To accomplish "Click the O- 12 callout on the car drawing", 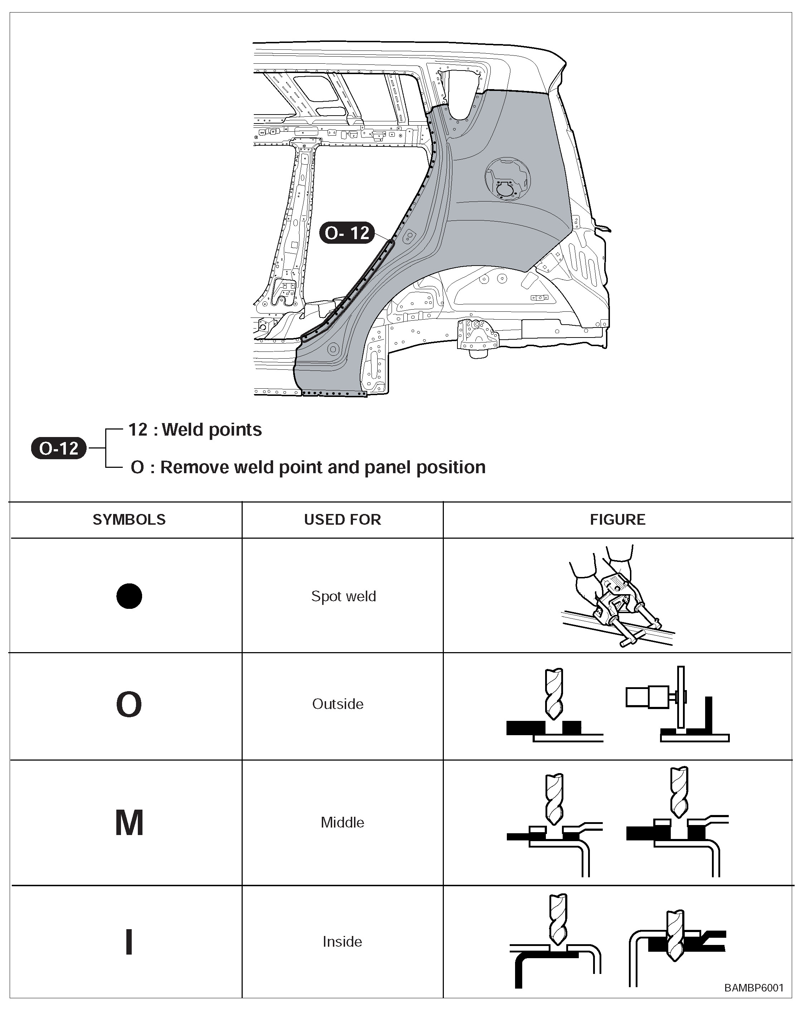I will pos(347,233).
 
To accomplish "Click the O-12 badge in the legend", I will pos(59,448).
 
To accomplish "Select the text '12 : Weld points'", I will pos(195,430).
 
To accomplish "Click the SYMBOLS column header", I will pos(129,519).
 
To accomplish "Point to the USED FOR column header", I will pos(342,519).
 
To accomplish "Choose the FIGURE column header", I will pos(617,519).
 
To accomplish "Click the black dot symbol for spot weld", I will pos(129,596).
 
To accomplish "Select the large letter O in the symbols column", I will pos(129,704).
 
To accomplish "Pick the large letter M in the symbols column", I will pos(129,823).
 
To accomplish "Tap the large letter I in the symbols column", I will pos(129,942).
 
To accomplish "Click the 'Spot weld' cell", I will pos(343,596).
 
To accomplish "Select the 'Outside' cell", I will pos(338,704).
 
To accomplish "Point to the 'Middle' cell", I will pos(342,823).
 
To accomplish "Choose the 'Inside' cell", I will pos(342,942).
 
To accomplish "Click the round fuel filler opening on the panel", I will pos(507,179).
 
